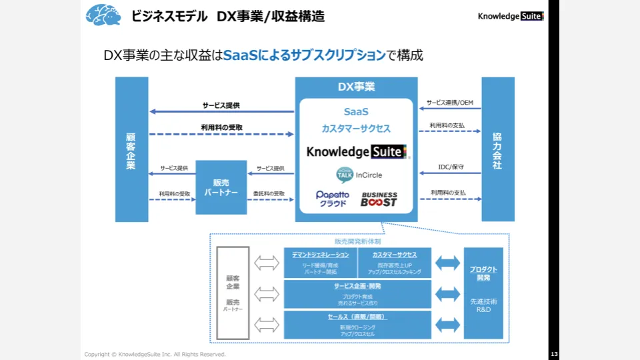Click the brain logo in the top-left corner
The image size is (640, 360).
(x=103, y=15)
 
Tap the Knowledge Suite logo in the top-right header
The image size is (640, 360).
(x=510, y=16)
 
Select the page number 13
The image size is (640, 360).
(x=554, y=354)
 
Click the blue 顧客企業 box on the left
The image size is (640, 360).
(x=131, y=149)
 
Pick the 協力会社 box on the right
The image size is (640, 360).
(x=497, y=149)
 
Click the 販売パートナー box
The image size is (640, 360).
(x=221, y=187)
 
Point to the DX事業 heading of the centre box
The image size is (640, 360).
(x=356, y=87)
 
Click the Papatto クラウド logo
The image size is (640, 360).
(x=332, y=198)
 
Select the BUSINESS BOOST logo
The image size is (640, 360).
(x=379, y=199)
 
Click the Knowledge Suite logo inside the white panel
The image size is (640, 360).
(x=356, y=151)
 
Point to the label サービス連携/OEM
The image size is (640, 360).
(x=450, y=103)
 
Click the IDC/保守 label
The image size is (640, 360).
(x=450, y=167)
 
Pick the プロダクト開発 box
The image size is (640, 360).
(x=483, y=290)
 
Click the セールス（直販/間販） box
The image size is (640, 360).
(x=357, y=324)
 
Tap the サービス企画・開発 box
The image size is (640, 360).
(x=357, y=294)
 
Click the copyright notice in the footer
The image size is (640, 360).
(x=155, y=354)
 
